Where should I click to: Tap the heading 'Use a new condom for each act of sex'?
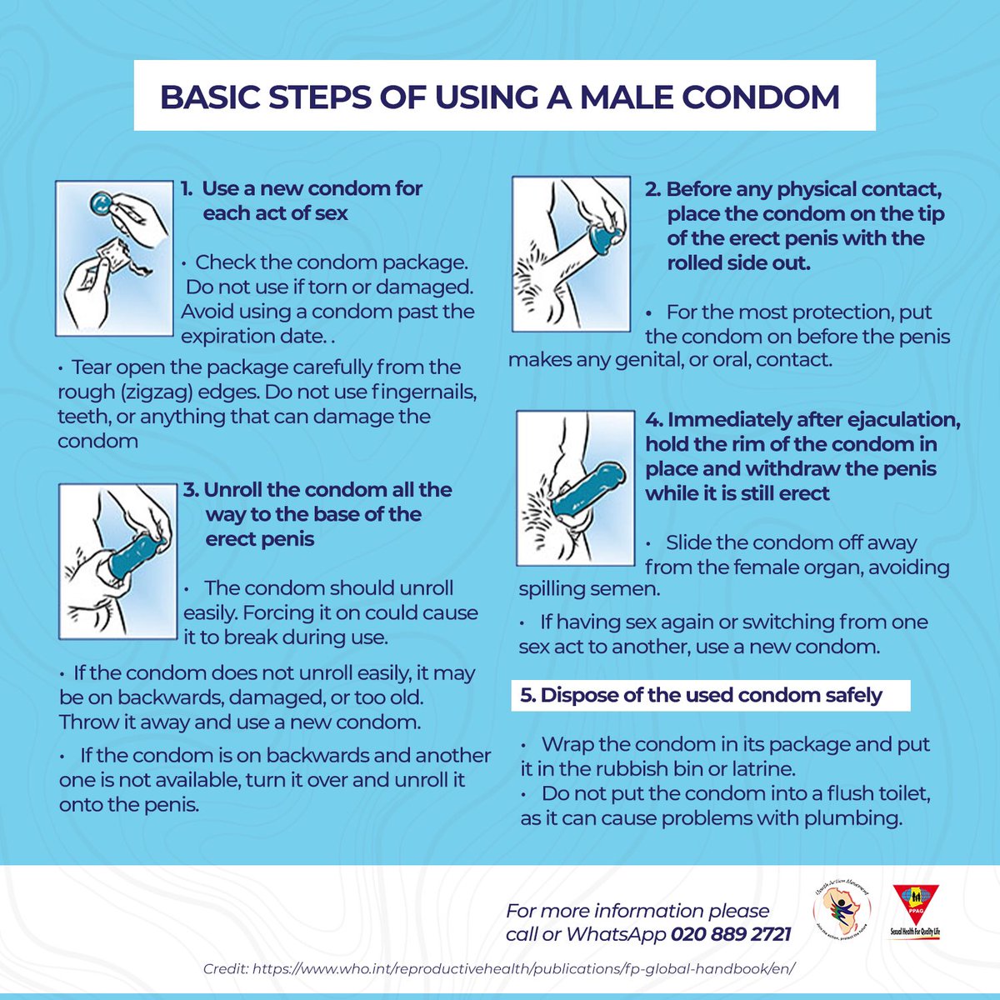(x=312, y=201)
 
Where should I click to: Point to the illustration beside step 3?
(x=117, y=561)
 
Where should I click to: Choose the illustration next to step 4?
(x=576, y=487)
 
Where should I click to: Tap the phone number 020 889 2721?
(x=731, y=935)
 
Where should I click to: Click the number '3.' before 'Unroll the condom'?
(x=191, y=490)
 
